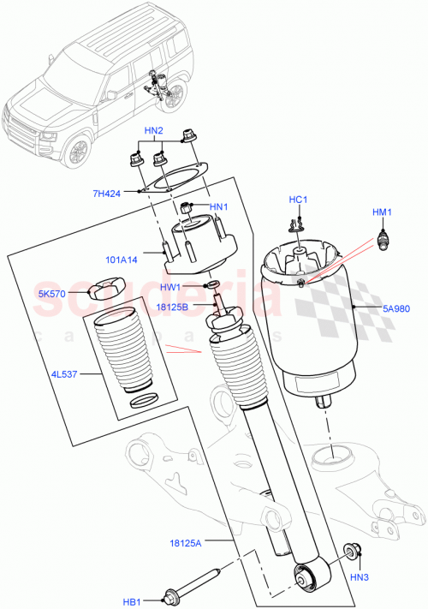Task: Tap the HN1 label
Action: [219, 207]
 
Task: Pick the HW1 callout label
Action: [171, 287]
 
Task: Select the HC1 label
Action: [297, 200]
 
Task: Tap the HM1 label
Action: [381, 212]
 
